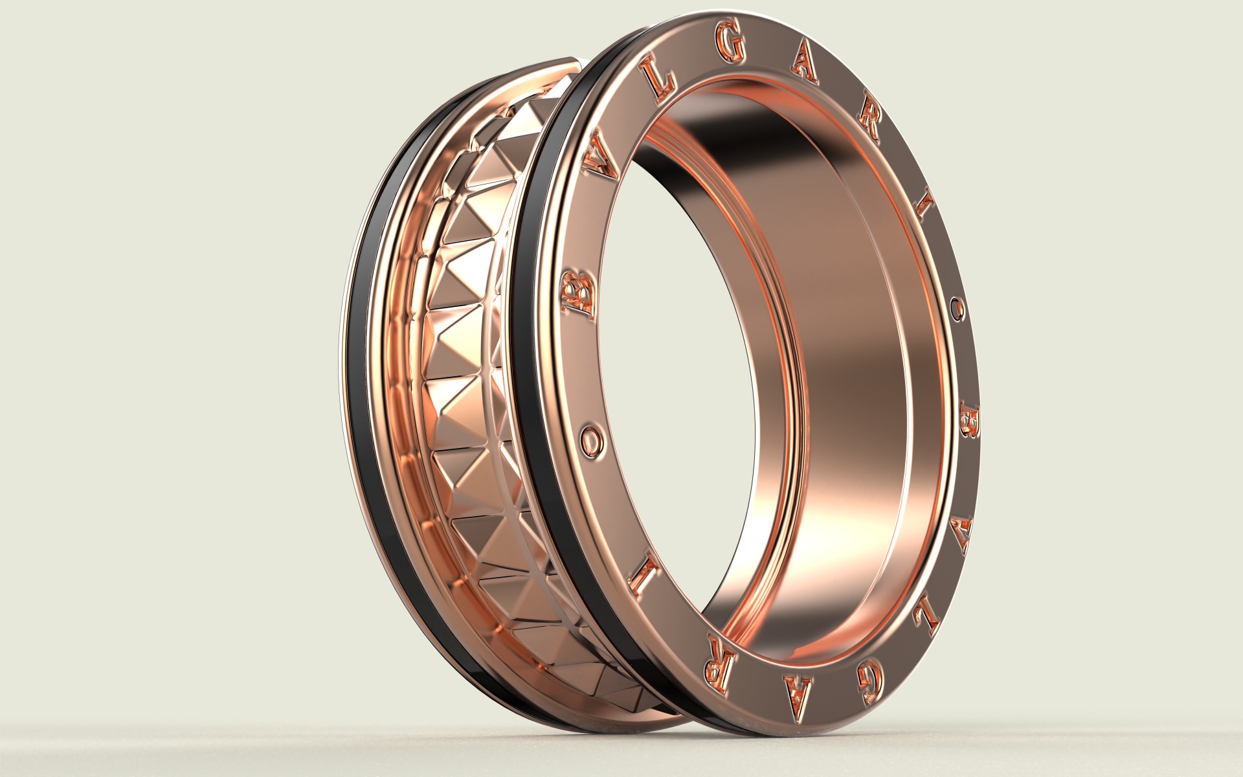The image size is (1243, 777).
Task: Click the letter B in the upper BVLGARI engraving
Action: [x=578, y=295]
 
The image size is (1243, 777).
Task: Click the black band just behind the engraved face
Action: [x=531, y=388]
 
